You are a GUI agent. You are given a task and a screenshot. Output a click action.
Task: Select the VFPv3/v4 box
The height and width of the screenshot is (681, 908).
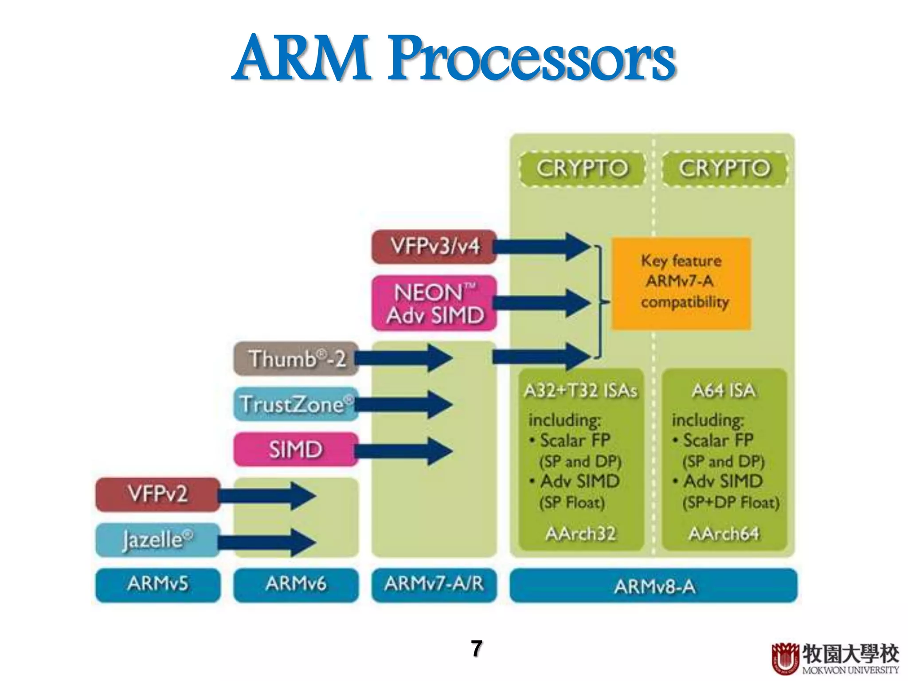click(434, 247)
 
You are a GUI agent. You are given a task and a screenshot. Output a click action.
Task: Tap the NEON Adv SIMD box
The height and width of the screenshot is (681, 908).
click(434, 303)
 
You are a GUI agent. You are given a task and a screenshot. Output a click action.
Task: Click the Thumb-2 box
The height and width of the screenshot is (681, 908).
click(296, 358)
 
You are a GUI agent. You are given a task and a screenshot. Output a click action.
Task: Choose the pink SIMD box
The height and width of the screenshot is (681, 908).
click(295, 449)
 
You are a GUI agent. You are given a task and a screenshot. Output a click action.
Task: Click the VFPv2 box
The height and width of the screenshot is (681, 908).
click(158, 494)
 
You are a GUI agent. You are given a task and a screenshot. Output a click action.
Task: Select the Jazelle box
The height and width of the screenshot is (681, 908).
click(158, 540)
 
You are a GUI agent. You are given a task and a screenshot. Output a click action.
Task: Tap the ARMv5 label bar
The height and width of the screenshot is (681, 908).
click(158, 584)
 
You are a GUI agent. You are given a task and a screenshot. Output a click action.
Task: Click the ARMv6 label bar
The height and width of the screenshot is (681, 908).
click(296, 584)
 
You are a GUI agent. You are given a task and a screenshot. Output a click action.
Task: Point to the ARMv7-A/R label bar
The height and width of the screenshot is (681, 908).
click(434, 584)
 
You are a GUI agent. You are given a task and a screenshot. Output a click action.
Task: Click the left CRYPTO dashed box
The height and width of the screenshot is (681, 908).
click(582, 168)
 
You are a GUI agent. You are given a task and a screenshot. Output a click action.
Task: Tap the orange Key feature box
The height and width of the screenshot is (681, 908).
click(681, 283)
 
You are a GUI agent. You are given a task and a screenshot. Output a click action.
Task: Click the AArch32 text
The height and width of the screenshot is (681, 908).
click(581, 533)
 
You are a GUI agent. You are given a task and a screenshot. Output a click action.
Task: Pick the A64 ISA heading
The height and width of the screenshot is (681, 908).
click(724, 391)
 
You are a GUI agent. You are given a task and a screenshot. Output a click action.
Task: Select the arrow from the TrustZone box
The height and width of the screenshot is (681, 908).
click(403, 404)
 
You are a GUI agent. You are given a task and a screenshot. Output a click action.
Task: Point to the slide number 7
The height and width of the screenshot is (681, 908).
click(477, 649)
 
